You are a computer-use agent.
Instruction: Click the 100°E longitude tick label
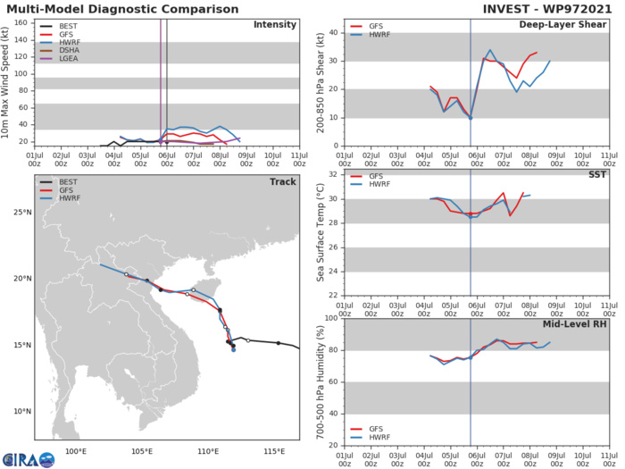pyautogui.click(x=76, y=449)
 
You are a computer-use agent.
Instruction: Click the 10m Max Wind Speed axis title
pyautogui.click(x=8, y=81)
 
